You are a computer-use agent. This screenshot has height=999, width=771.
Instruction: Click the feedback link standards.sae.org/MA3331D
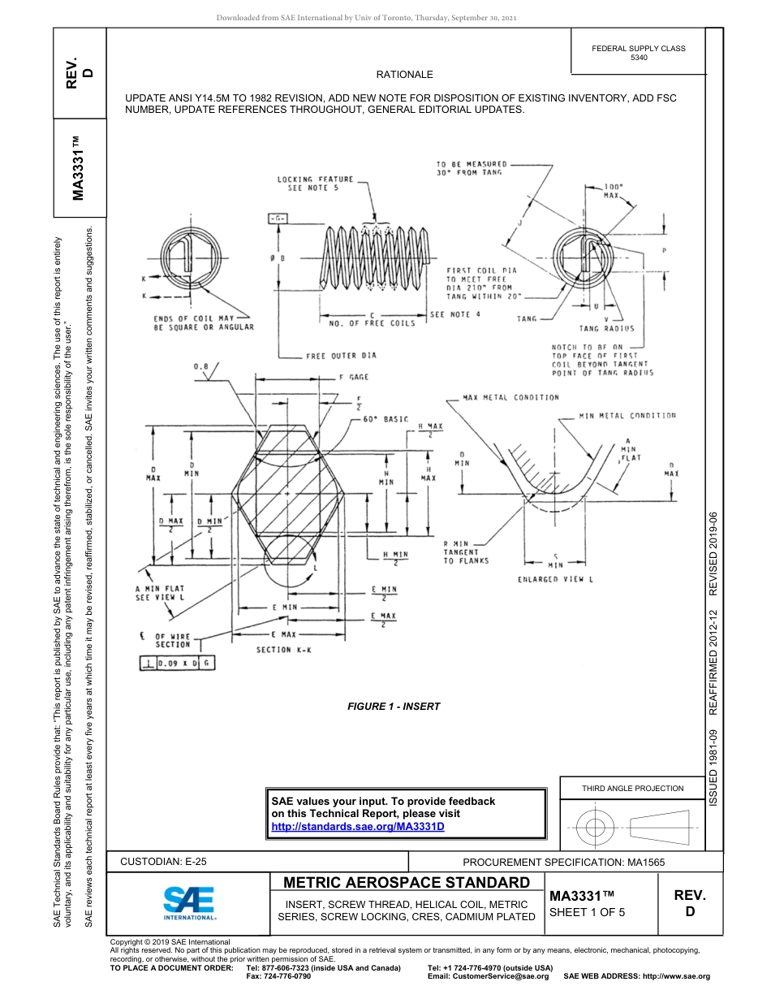coord(358,827)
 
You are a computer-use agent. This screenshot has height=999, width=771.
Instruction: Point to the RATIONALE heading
coord(405,74)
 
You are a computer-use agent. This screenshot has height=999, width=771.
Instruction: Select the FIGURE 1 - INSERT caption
coord(394,706)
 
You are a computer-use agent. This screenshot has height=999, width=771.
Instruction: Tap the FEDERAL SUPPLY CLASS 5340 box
coord(638,53)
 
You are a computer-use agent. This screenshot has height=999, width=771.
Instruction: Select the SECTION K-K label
coord(284,650)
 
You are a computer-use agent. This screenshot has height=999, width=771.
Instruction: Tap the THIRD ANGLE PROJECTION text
coord(632,788)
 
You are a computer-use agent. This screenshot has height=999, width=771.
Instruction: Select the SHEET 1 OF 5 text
coord(587,912)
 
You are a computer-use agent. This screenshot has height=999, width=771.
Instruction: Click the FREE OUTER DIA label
coord(341,356)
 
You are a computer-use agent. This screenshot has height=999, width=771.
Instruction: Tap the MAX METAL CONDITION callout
coord(510,398)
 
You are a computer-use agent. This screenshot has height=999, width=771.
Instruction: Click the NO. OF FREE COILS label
coord(372,323)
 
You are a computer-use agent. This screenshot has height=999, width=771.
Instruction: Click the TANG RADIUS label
coord(607,329)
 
